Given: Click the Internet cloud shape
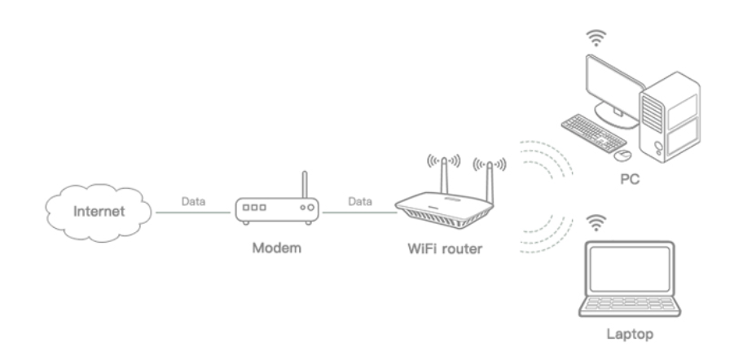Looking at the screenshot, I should (x=99, y=212).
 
